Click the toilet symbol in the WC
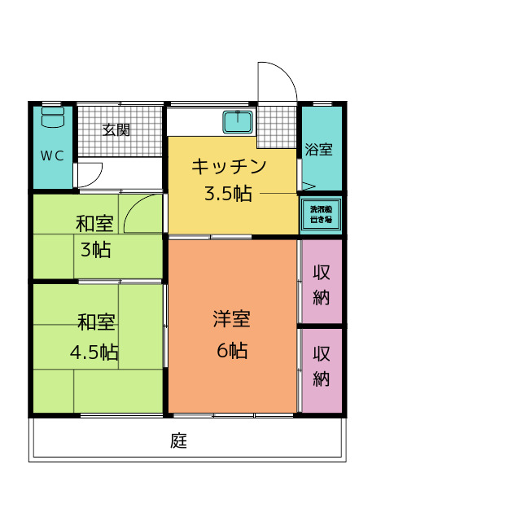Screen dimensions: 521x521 (x=52, y=118)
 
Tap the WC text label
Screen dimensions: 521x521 (x=52, y=156)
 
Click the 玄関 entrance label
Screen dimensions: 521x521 (x=116, y=129)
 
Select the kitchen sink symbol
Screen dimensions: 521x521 (x=239, y=123)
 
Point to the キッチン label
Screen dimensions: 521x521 (x=229, y=167)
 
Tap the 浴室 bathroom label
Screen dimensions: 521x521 (x=318, y=150)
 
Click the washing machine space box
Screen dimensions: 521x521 (x=321, y=215)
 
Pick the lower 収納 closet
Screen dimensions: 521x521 (x=321, y=366)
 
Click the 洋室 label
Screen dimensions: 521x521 (x=231, y=318)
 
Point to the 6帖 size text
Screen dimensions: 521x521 (x=232, y=351)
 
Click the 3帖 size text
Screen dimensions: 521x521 (x=95, y=249)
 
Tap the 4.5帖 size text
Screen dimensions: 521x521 (x=94, y=352)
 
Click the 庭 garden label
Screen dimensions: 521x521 (x=179, y=441)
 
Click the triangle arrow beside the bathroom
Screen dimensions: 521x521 (x=307, y=186)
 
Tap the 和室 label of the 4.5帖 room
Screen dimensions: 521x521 (x=96, y=322)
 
